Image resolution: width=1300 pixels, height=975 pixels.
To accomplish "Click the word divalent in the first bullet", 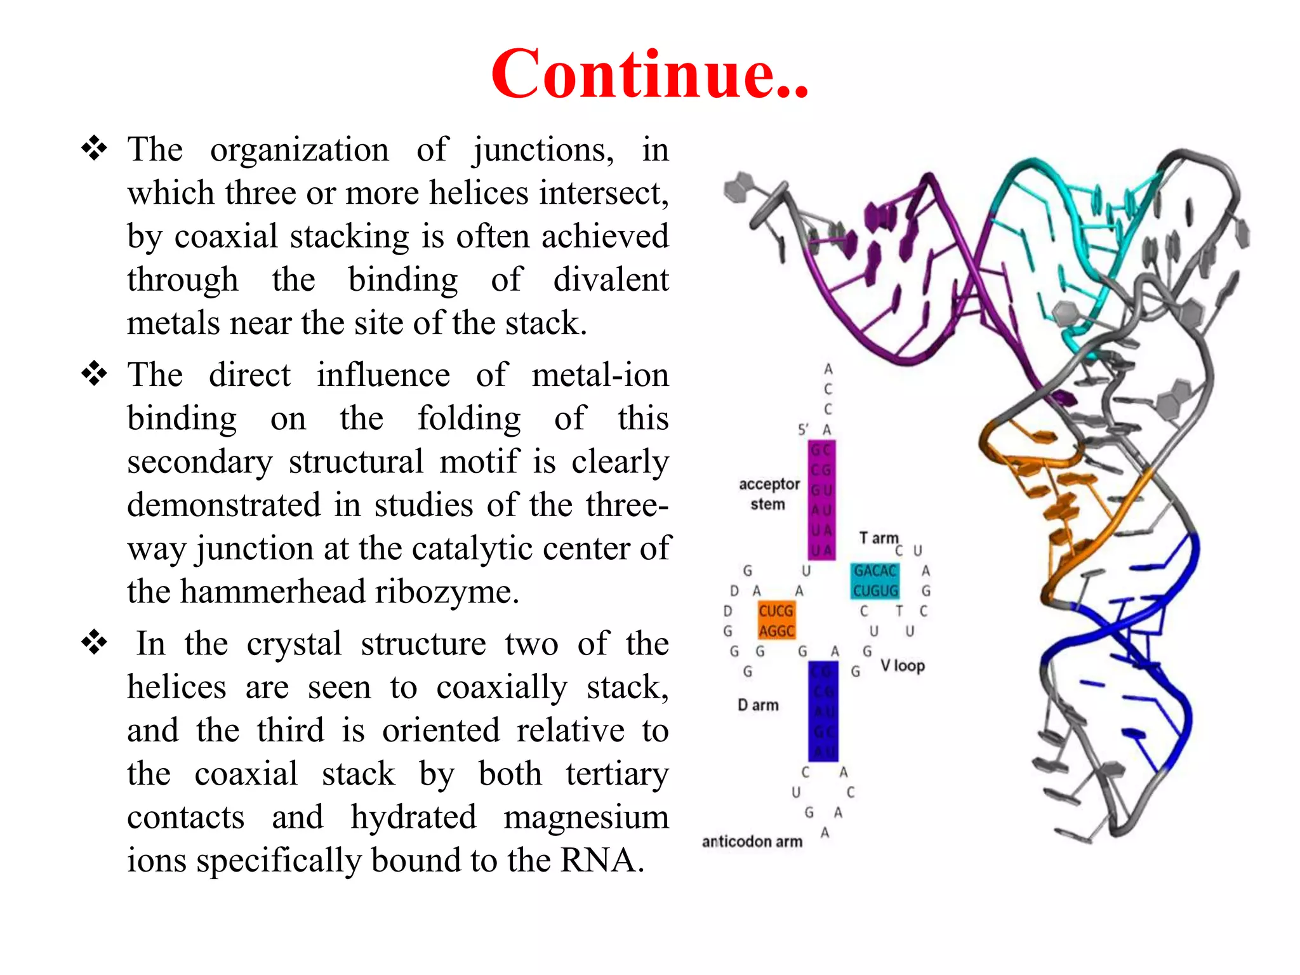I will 611,280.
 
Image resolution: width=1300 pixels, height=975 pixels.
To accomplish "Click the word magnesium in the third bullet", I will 586,817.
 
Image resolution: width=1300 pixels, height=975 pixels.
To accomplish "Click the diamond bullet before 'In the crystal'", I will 94,642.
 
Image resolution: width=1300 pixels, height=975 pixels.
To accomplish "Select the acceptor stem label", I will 769,494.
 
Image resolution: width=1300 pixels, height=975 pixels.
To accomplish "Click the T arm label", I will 878,538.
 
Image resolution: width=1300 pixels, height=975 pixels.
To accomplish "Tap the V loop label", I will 902,666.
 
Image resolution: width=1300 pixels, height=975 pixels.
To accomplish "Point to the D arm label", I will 758,705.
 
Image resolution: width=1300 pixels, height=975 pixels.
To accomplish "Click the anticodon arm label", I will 752,842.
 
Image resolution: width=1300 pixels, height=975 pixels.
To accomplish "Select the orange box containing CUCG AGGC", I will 776,621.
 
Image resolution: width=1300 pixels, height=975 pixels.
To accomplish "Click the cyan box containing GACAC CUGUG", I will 875,581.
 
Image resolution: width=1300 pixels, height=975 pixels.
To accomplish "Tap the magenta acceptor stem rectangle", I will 821,500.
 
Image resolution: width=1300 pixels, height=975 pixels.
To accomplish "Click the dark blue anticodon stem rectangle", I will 823,711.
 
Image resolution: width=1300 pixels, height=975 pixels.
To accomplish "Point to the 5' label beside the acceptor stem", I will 802,430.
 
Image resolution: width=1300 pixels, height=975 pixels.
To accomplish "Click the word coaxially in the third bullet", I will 501,688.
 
